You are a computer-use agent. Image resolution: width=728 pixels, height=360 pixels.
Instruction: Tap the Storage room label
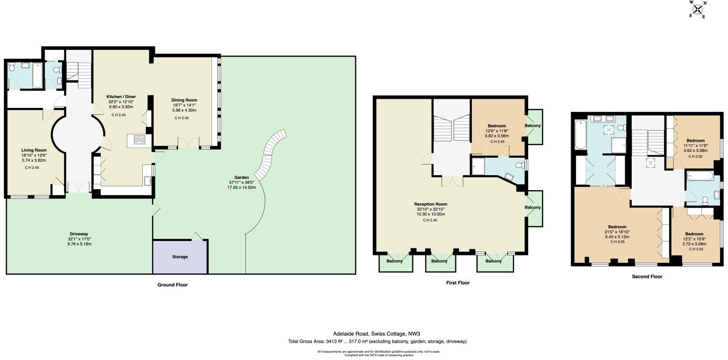(x=180, y=256)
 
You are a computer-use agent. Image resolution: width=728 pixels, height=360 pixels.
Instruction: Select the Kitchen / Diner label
(x=121, y=96)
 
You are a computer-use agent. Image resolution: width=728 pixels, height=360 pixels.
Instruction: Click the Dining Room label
(x=184, y=100)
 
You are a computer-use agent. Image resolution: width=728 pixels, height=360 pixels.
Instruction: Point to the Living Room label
(x=34, y=150)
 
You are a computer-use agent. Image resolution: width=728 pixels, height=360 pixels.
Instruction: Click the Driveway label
(x=79, y=234)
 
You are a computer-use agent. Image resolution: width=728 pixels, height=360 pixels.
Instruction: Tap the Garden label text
(x=242, y=178)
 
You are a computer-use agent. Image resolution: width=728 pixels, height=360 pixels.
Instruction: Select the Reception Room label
(x=431, y=204)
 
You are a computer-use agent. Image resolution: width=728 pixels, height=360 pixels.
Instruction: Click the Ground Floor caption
(x=173, y=285)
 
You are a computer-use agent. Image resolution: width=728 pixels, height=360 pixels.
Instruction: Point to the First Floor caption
(x=457, y=283)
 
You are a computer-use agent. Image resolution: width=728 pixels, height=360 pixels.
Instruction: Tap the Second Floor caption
(x=647, y=277)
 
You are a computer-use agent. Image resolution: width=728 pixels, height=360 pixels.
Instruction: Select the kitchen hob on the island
(x=140, y=140)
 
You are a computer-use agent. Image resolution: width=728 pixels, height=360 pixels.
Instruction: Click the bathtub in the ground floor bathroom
(x=37, y=75)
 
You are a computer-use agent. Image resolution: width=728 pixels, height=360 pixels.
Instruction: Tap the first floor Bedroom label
(x=497, y=126)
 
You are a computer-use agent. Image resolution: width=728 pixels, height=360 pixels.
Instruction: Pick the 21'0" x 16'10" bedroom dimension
(x=617, y=232)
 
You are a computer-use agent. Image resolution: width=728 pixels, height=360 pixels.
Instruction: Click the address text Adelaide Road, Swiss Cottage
(x=370, y=334)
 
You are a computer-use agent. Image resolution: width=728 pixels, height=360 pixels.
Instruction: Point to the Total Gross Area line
(x=378, y=342)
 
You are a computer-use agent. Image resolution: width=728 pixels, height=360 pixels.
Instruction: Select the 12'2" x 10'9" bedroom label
(x=694, y=234)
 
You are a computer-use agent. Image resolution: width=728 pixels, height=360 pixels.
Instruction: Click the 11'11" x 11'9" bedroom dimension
(x=696, y=146)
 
